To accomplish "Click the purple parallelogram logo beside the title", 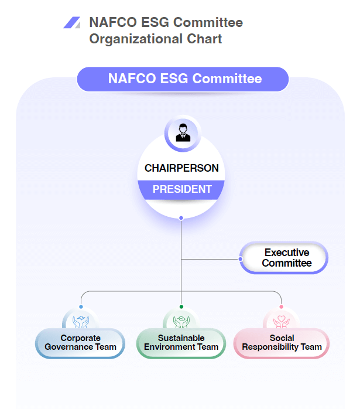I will (x=72, y=23).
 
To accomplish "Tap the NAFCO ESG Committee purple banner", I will (x=183, y=79).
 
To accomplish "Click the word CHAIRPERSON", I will (x=181, y=168).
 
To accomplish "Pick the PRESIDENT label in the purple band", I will (x=181, y=189).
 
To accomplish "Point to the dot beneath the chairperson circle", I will (x=181, y=218).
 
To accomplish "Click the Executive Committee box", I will (x=286, y=258).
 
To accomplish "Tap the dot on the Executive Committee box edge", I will (x=241, y=258).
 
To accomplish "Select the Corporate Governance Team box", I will (x=80, y=343).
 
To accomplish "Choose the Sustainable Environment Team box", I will (x=181, y=343).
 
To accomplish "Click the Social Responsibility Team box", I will (x=282, y=343).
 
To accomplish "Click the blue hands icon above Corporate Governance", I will (x=81, y=321).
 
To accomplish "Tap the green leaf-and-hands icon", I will (x=181, y=321).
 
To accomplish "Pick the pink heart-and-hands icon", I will (x=282, y=321).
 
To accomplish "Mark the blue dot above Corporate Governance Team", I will (x=81, y=306).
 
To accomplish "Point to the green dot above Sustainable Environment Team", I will (x=181, y=306).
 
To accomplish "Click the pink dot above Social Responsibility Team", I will (x=282, y=306).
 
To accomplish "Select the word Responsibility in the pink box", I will (x=270, y=347).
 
